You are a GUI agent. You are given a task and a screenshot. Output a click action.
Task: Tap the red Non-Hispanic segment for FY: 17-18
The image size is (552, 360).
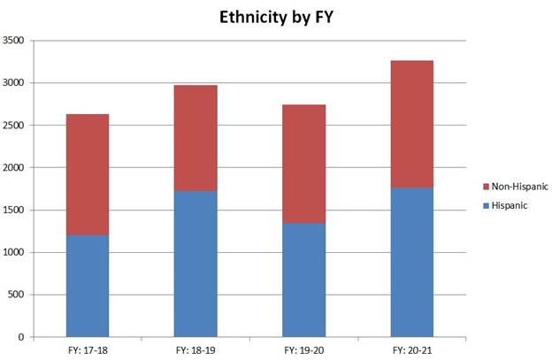coord(88,174)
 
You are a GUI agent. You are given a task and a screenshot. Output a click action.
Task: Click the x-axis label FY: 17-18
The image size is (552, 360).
coord(88,349)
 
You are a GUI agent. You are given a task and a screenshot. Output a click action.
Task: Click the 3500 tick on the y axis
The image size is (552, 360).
coord(15,41)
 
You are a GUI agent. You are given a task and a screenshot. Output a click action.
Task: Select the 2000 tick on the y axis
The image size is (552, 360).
coord(15,168)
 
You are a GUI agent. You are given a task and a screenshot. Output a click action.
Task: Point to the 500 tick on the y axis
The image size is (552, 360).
coord(18,295)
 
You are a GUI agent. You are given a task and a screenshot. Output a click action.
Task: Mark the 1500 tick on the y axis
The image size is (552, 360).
coord(15,211)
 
